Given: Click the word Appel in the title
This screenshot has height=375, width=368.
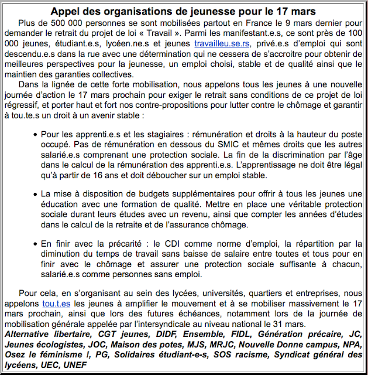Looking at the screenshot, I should [66, 11].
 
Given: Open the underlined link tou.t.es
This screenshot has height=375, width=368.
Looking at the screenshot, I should [56, 304].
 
